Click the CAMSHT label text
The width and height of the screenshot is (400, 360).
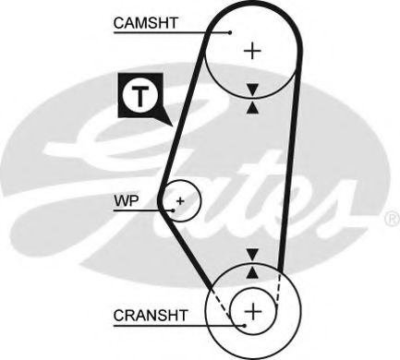pos(146,22)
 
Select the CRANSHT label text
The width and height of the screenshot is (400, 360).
pos(148,315)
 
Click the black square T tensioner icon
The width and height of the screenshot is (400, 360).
pos(137,96)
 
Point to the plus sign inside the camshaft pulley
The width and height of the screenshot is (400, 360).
pos(251,50)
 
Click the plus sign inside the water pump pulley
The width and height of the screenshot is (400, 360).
pos(181,199)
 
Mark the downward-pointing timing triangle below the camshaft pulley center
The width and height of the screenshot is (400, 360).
pos(251,89)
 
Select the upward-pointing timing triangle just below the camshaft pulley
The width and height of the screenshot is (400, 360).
pos(251,106)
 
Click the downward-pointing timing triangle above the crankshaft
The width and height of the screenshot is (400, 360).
pos(251,254)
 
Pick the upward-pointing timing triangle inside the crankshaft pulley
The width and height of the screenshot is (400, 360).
pos(251,270)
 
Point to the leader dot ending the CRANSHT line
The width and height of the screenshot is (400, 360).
pos(242,324)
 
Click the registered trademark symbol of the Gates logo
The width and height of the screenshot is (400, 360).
pos(390,220)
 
